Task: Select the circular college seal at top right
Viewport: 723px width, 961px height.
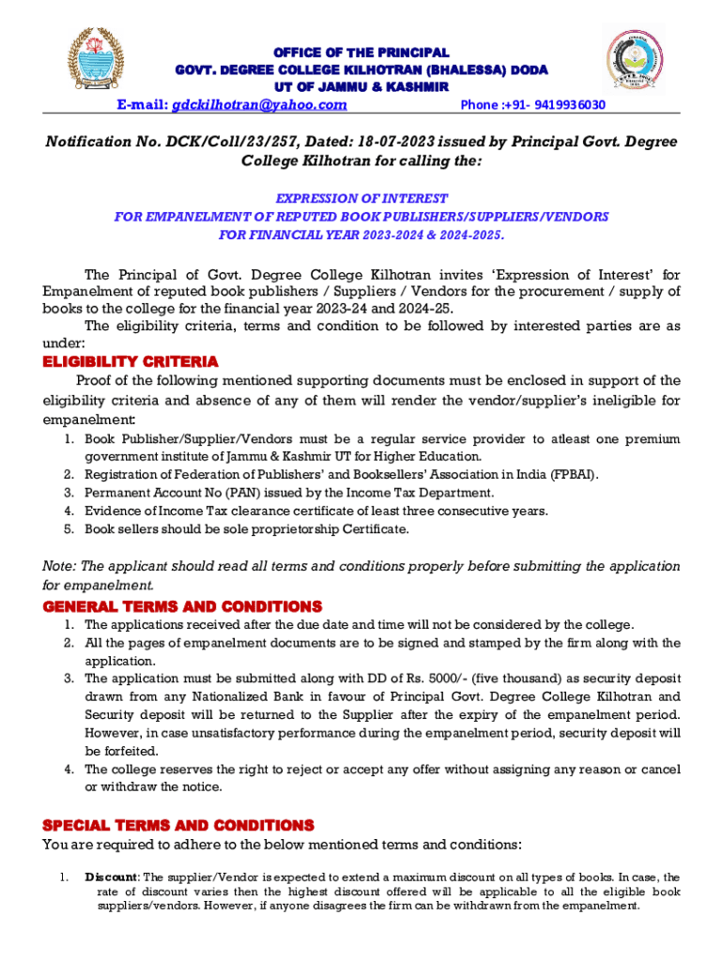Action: tap(636, 60)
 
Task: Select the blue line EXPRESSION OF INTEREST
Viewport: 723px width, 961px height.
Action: tap(361, 199)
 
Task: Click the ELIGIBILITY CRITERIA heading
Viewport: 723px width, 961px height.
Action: tap(131, 362)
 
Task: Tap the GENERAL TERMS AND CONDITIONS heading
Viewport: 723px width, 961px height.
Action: tap(182, 606)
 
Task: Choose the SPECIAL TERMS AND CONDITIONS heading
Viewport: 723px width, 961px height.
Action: tap(178, 826)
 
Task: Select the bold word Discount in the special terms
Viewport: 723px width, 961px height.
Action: tap(112, 877)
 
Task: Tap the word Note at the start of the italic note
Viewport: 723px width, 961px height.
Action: tap(60, 566)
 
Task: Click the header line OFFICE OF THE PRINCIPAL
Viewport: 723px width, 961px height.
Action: tap(361, 53)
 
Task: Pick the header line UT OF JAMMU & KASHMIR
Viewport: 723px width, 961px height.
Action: tap(361, 87)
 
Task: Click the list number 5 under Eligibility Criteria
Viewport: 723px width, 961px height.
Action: tap(69, 528)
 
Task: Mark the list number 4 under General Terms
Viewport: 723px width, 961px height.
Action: tap(69, 770)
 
